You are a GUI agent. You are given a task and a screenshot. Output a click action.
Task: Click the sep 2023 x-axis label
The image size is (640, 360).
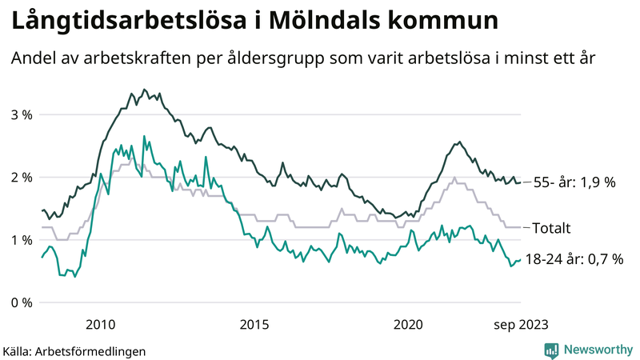520,324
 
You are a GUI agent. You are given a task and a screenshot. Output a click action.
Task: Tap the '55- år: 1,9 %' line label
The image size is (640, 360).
574,182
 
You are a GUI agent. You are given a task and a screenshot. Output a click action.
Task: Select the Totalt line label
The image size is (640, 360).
551,228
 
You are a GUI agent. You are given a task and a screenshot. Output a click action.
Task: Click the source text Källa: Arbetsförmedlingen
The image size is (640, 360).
74,350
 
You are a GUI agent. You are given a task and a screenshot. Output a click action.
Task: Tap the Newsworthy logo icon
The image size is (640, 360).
551,350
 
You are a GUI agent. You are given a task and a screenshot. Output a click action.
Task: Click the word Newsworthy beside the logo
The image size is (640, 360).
598,350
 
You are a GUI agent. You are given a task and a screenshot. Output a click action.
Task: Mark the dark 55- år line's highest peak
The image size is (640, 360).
144,90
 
